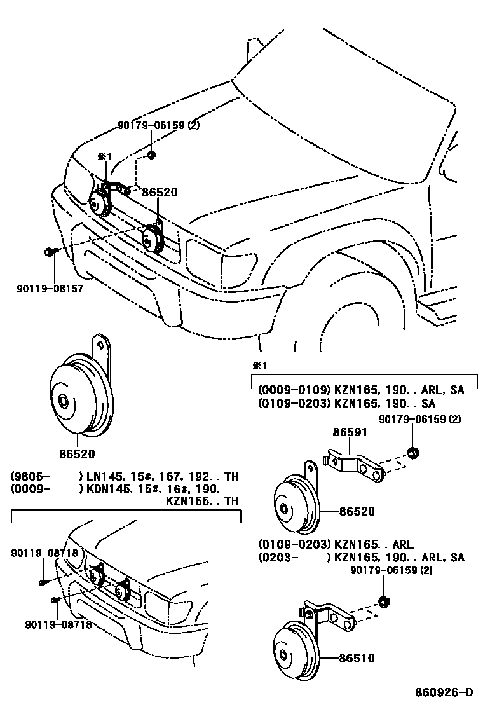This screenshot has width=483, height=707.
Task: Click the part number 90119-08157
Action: pos(50,288)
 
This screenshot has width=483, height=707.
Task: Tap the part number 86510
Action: pos(357,658)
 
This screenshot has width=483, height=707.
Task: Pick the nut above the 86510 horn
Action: pos(383,601)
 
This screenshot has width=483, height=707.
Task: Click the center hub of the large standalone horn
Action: pos(64,401)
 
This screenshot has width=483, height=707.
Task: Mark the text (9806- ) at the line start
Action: pos(30,476)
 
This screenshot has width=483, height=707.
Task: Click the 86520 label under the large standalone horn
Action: pos(77,454)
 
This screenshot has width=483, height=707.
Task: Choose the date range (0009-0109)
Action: pos(294,390)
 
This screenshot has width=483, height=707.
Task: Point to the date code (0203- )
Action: pos(280,558)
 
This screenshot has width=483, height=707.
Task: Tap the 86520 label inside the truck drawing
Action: pos(160,193)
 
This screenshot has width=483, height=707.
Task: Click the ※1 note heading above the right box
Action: pos(258,366)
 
